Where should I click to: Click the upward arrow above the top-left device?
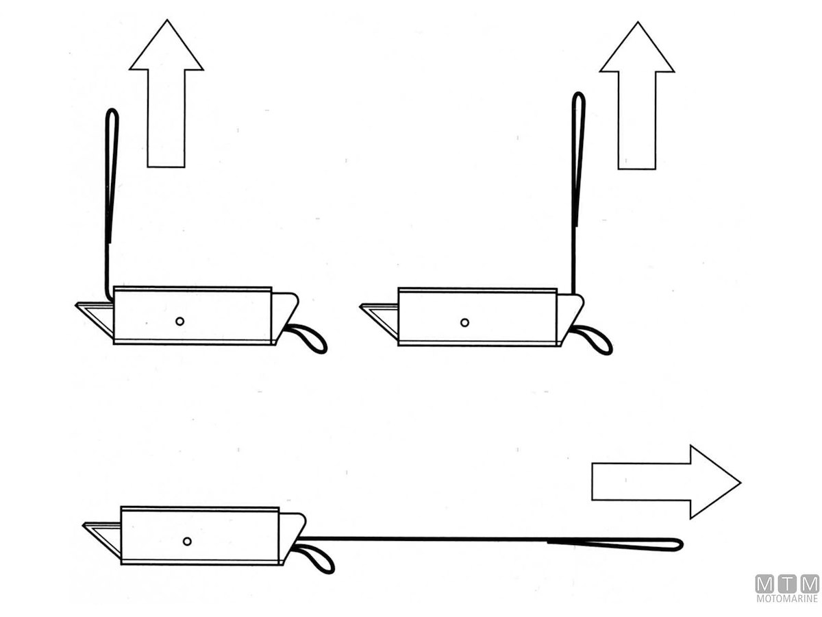[166, 94]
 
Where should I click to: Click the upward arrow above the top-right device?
[636, 95]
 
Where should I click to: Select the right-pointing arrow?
[666, 482]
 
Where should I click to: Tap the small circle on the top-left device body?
[179, 321]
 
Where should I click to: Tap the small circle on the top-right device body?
[464, 322]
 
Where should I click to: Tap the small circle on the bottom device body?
[187, 541]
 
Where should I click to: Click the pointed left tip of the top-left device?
[75, 305]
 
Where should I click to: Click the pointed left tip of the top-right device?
[360, 306]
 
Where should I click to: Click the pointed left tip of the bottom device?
[83, 525]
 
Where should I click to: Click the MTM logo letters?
[787, 583]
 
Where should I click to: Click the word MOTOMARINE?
[787, 598]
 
